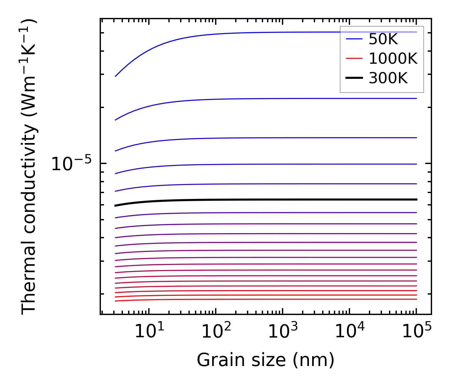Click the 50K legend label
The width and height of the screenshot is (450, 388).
click(x=383, y=39)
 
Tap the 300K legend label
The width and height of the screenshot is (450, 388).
click(x=388, y=78)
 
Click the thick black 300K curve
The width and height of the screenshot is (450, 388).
click(x=266, y=200)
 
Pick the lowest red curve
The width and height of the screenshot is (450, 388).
click(x=266, y=299)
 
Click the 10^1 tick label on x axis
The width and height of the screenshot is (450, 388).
click(x=150, y=332)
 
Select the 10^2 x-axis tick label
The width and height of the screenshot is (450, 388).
click(x=217, y=332)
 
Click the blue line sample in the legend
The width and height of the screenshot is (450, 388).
click(x=354, y=39)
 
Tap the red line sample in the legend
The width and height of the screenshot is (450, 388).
click(x=354, y=58)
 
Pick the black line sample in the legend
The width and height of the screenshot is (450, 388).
click(x=354, y=78)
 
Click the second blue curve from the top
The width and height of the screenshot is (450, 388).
click(x=266, y=99)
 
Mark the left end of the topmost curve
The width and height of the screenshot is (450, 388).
click(x=115, y=76)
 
